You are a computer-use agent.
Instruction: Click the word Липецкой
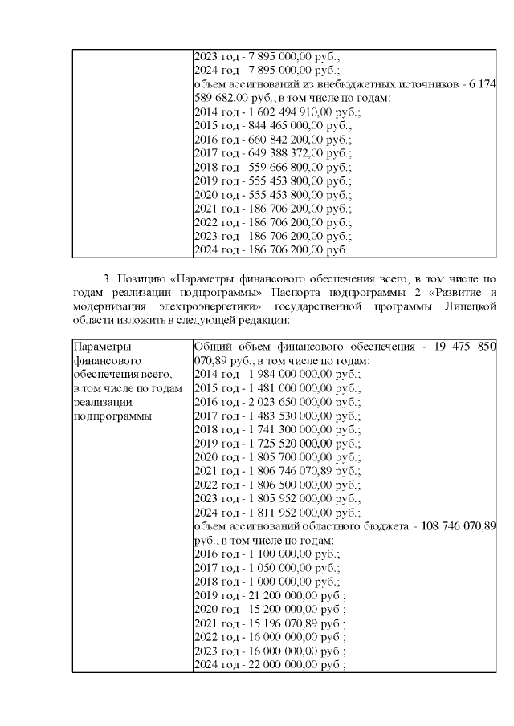pyautogui.click(x=469, y=306)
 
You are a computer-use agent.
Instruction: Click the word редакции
pyautogui.click(x=264, y=320)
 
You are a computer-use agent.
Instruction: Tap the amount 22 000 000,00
pyautogui.click(x=275, y=664)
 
